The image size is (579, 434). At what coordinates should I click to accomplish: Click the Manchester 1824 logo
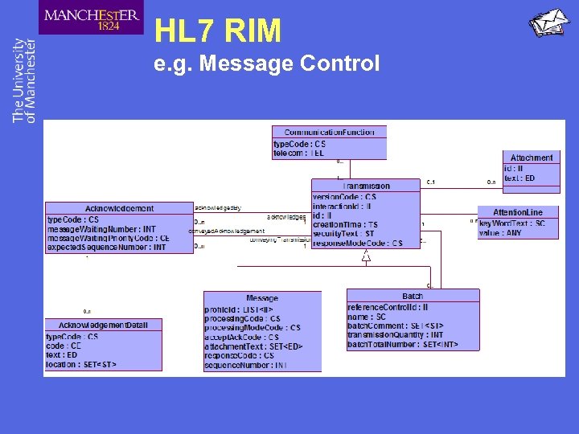pyautogui.click(x=91, y=18)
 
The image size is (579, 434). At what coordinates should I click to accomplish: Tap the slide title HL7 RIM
pyautogui.click(x=218, y=31)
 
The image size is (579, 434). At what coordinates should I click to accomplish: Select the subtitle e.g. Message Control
pyautogui.click(x=266, y=63)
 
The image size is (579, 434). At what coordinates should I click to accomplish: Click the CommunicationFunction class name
pyautogui.click(x=329, y=132)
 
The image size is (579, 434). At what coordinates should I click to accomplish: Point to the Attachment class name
pyautogui.click(x=531, y=158)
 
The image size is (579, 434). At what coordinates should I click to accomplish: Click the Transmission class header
pyautogui.click(x=366, y=186)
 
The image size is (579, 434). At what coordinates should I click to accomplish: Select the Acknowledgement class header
pyautogui.click(x=119, y=208)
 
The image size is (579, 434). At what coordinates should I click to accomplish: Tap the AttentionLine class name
pyautogui.click(x=517, y=212)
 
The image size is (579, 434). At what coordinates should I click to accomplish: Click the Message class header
pyautogui.click(x=262, y=298)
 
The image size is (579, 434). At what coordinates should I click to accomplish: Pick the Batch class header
pyautogui.click(x=413, y=296)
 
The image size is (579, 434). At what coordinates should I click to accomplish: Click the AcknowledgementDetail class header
pyautogui.click(x=103, y=325)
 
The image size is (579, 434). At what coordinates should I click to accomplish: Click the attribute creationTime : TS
pyautogui.click(x=345, y=224)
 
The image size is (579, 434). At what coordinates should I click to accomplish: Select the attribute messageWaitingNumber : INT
pyautogui.click(x=101, y=229)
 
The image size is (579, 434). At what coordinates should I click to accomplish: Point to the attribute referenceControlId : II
pyautogui.click(x=388, y=307)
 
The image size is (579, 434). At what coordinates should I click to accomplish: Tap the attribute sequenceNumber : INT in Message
pyautogui.click(x=245, y=365)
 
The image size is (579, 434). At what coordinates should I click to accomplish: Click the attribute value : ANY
pyautogui.click(x=500, y=233)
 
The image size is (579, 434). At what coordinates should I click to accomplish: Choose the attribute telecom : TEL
pyautogui.click(x=299, y=153)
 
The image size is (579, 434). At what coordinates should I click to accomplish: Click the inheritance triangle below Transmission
pyautogui.click(x=366, y=257)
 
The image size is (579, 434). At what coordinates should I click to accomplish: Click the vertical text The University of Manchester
pyautogui.click(x=24, y=80)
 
